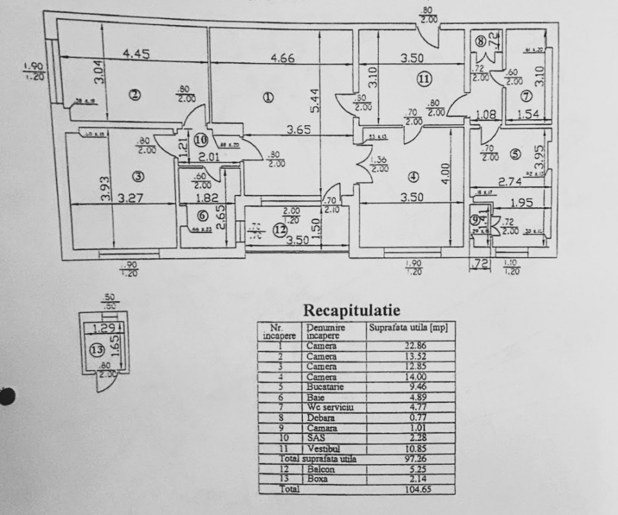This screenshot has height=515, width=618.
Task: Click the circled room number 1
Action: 268,98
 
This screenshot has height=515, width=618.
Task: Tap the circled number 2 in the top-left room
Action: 134,96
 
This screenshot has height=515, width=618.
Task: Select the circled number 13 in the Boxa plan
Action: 96,351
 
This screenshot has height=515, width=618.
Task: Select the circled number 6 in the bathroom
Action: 203,216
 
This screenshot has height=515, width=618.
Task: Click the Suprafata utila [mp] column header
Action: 408,328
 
